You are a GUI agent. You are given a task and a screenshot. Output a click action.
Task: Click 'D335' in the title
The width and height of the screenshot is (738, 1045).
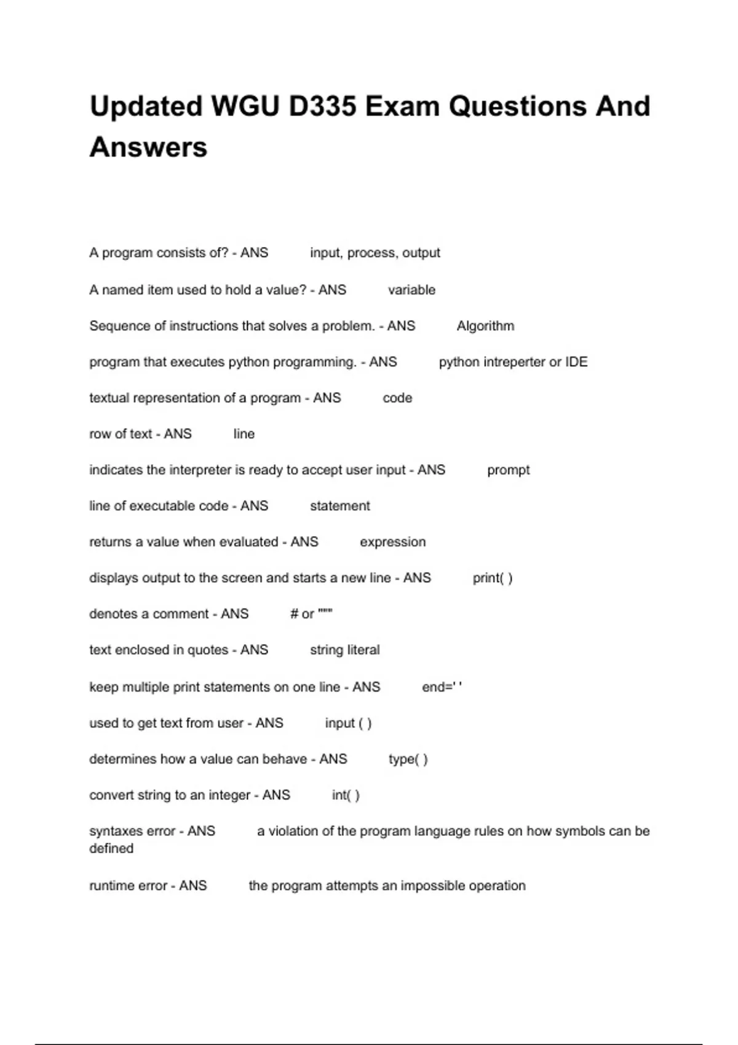pos(322,106)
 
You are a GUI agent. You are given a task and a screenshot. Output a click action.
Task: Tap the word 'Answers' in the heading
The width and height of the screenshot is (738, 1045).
pos(148,148)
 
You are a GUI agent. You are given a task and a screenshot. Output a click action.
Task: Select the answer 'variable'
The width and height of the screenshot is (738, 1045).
pos(411,290)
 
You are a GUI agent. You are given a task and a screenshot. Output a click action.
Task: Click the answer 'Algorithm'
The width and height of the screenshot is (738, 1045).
pos(485,326)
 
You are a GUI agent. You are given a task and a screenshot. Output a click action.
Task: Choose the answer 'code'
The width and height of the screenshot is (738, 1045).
pos(397,398)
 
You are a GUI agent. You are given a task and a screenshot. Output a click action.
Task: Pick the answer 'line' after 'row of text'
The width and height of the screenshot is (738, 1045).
pos(244,434)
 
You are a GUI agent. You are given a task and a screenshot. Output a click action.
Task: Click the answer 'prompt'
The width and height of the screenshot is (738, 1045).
pos(508,470)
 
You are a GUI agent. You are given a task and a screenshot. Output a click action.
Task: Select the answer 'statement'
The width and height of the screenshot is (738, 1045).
pos(339,506)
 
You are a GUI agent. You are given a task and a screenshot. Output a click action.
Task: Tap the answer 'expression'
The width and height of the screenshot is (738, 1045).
pos(392,542)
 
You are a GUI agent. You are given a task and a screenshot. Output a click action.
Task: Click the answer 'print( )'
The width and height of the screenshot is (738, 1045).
pos(492,578)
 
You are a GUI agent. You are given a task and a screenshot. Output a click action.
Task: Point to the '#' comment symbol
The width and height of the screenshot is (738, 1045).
pos(294,614)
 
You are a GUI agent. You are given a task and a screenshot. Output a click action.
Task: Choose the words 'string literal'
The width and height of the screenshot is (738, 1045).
pos(344,650)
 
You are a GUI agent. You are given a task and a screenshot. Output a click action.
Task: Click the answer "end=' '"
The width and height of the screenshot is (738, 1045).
pos(442,687)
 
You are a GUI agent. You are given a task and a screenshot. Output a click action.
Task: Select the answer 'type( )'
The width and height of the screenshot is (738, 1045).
pos(408,760)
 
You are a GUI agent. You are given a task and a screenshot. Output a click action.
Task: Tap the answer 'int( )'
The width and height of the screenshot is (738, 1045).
pos(346,795)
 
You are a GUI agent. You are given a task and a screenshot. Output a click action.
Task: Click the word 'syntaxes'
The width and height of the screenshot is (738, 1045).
pos(132,831)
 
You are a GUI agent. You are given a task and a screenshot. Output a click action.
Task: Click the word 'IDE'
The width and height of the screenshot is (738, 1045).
pos(576,362)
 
